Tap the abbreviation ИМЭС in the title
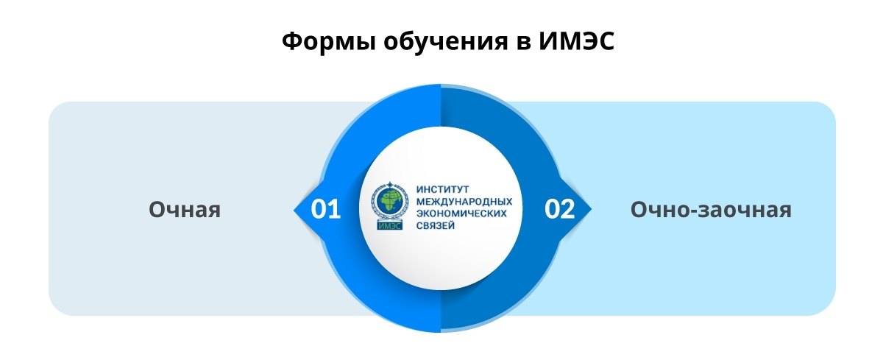(577, 41)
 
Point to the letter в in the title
(524, 43)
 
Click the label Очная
(185, 209)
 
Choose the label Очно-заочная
(711, 209)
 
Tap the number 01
(325, 209)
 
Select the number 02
(559, 209)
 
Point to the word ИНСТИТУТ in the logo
(443, 190)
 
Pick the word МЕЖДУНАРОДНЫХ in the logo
(464, 202)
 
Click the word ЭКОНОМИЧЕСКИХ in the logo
(461, 213)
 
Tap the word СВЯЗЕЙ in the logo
(436, 225)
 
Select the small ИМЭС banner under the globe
(390, 225)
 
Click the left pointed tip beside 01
(294, 210)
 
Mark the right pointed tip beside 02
(591, 210)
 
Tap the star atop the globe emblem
(389, 185)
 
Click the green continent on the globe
(391, 202)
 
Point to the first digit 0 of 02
(552, 209)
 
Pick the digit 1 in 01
(334, 209)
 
